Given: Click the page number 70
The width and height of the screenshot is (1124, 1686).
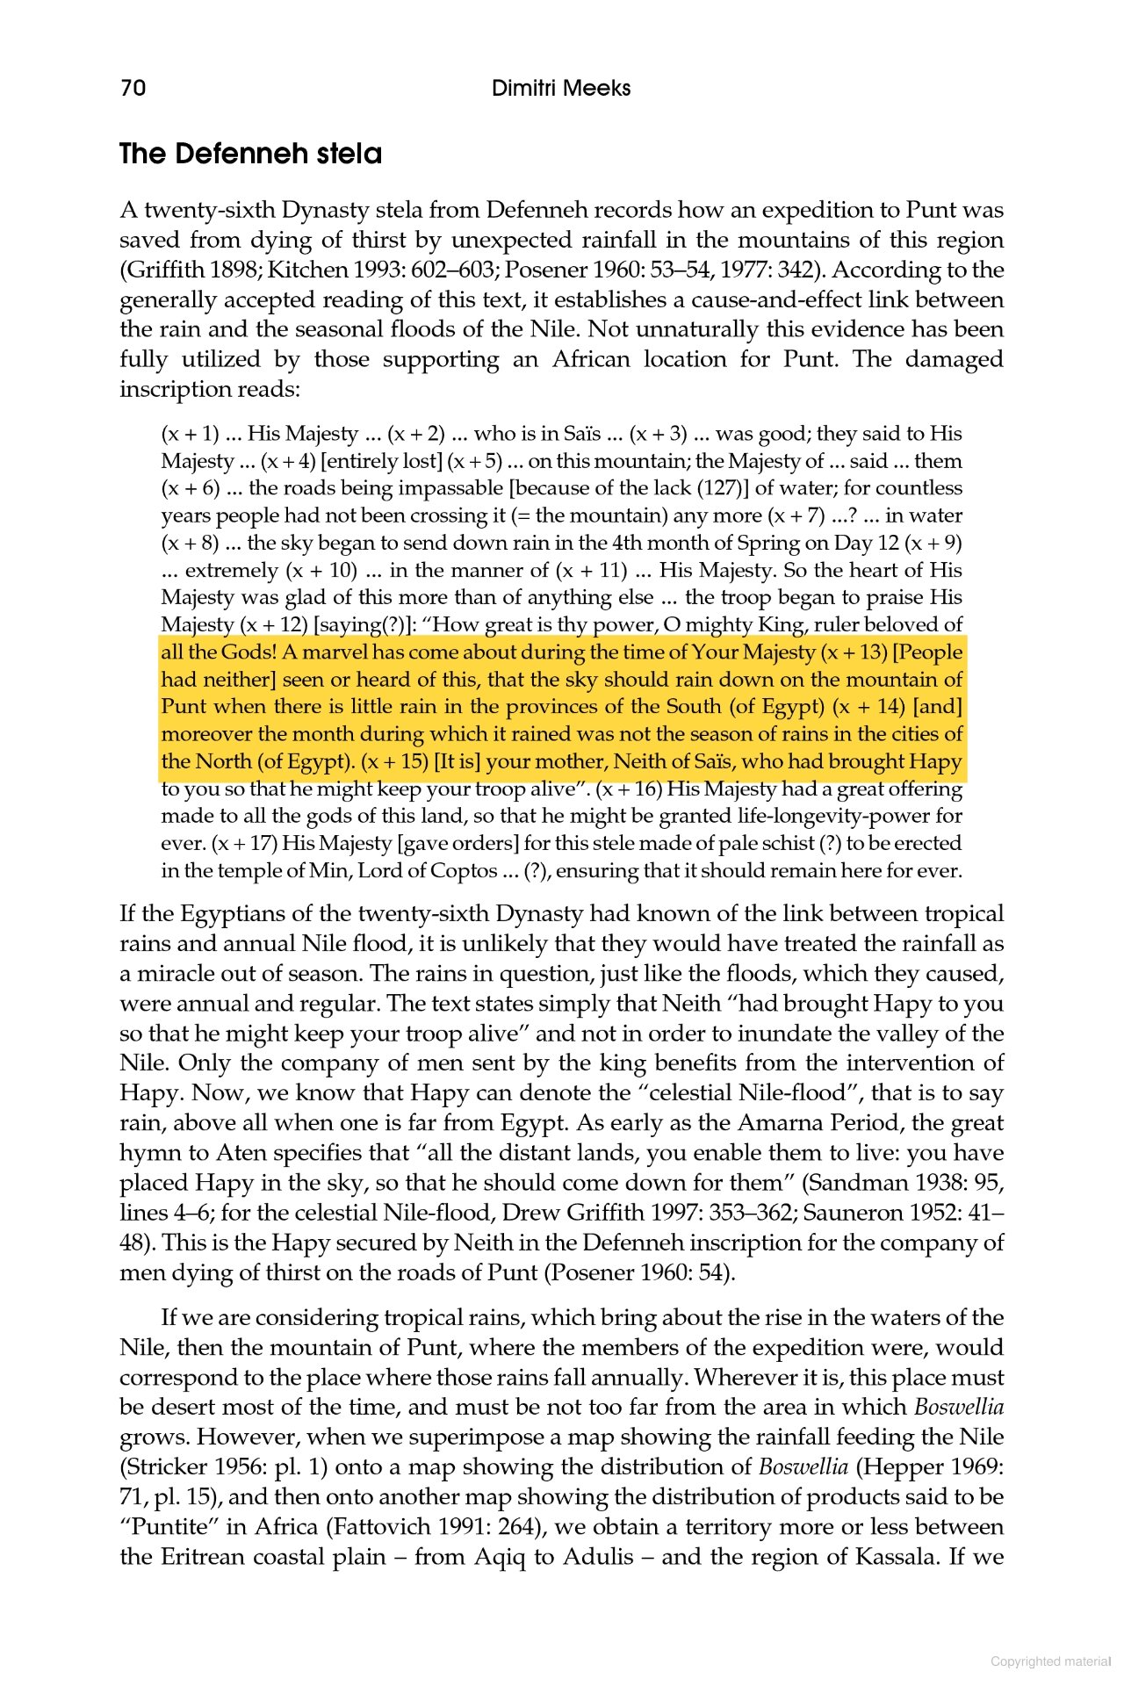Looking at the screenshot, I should (x=133, y=88).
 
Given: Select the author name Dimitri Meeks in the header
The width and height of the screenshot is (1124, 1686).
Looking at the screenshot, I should (x=561, y=88).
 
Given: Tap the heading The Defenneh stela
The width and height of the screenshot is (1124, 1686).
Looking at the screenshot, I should (x=251, y=154).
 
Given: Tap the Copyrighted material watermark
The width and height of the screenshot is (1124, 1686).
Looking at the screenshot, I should (x=1050, y=1661).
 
